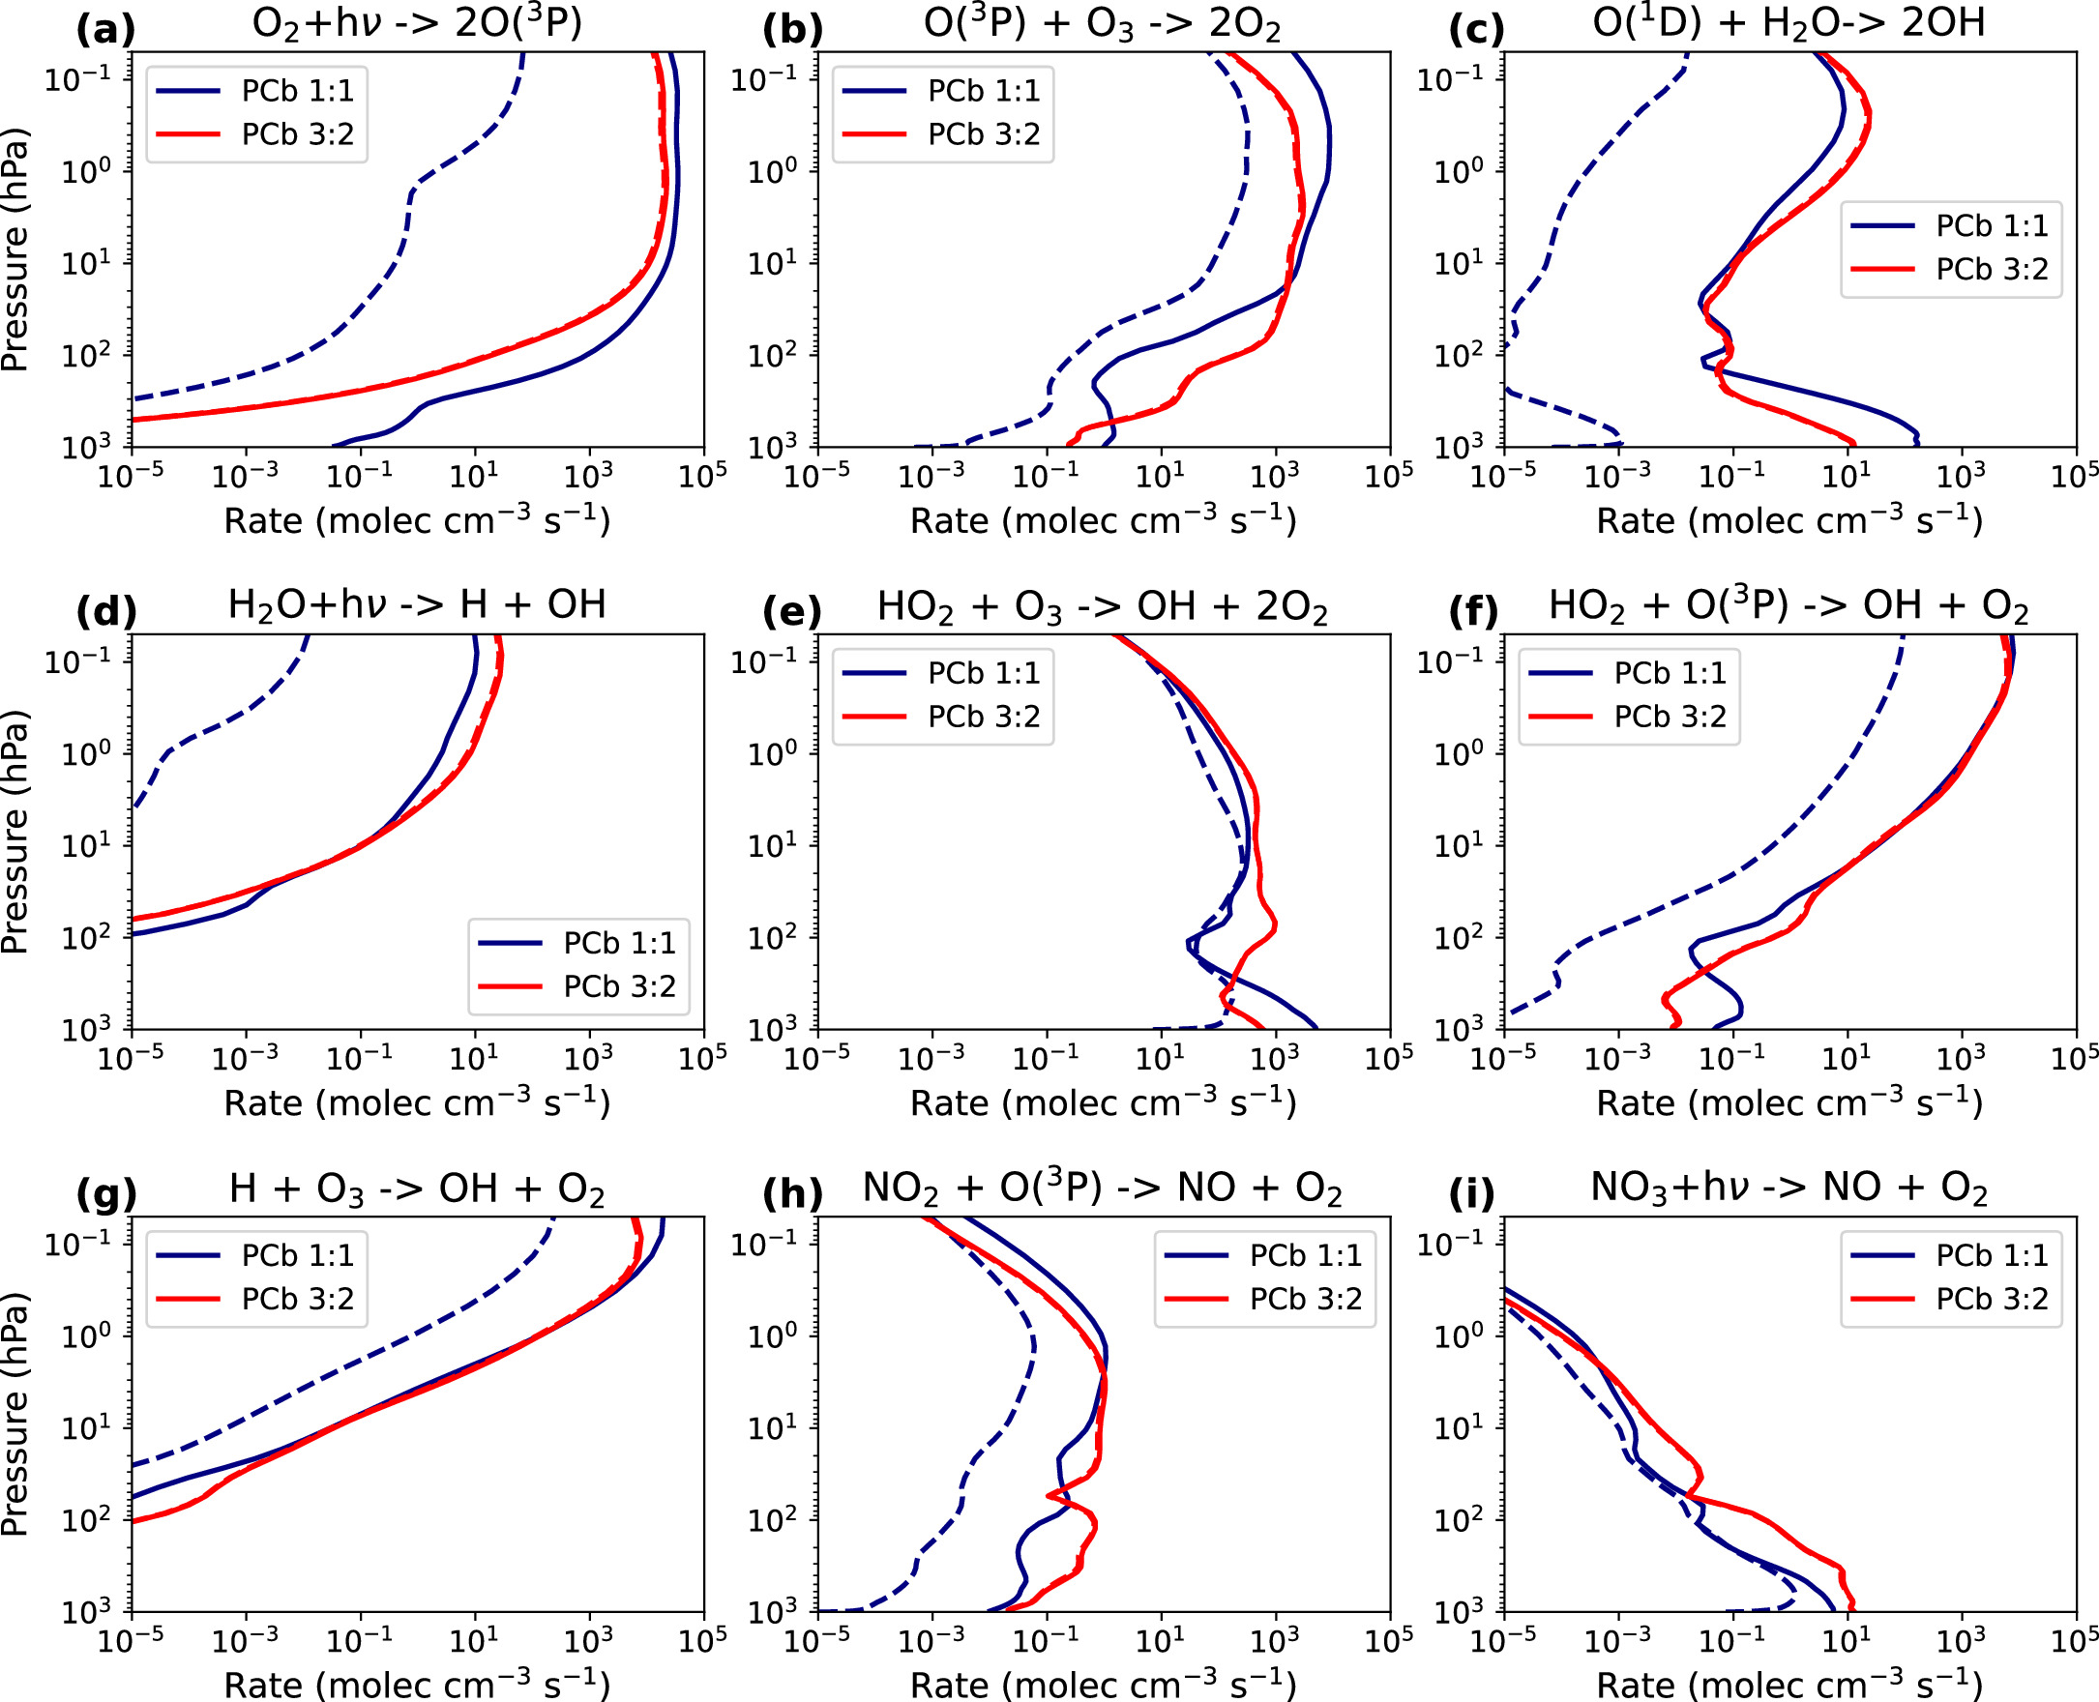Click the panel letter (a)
tap(104, 30)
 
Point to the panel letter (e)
tap(791, 612)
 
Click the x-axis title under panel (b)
tap(1103, 520)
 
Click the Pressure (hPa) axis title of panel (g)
tap(15, 1414)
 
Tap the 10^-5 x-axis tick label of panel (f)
tap(1503, 1058)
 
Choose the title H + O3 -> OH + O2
tap(417, 1189)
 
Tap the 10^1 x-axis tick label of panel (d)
tap(475, 1058)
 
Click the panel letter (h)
tap(791, 1194)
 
